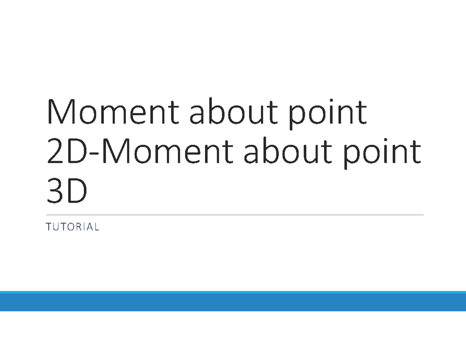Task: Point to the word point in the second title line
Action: [382, 154]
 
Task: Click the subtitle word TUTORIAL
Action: [73, 227]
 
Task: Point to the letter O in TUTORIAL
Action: [68, 227]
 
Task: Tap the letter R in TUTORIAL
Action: [76, 227]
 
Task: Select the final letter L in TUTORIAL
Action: [97, 227]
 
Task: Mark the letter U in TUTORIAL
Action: [55, 227]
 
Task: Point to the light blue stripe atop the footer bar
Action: [233, 292]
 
